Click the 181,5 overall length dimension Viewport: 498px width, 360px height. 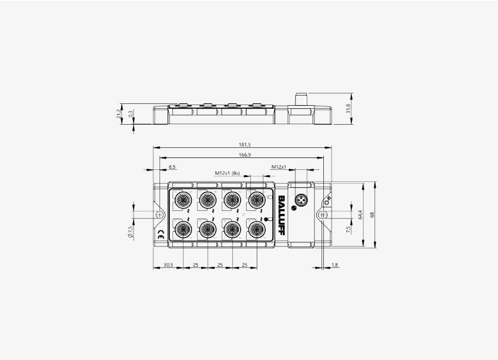(x=245, y=145)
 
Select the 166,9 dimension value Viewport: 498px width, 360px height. (x=245, y=155)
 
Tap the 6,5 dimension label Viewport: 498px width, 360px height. (x=172, y=167)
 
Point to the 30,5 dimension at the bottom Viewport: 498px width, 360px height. (x=168, y=265)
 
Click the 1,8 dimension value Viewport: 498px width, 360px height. (x=335, y=265)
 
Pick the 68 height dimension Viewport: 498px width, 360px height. (x=373, y=214)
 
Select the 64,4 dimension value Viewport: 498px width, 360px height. (x=360, y=215)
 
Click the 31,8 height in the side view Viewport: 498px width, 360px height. (x=348, y=109)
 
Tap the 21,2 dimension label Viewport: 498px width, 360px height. (x=119, y=113)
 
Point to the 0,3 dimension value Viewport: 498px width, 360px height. (x=131, y=113)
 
